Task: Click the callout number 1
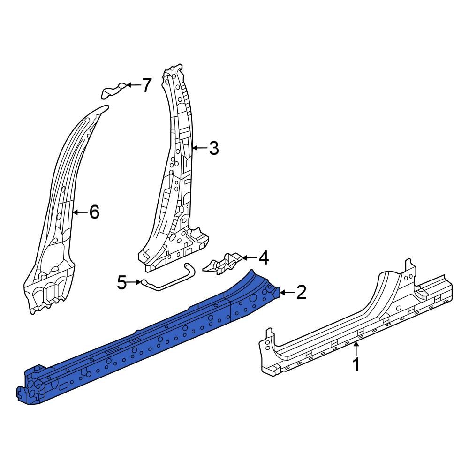coord(356,364)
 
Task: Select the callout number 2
coord(301,293)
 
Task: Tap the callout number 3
coord(214,148)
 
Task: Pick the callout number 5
coord(122,282)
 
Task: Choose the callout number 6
coord(94,212)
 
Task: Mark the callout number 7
coord(147,85)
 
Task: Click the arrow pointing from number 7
coord(133,85)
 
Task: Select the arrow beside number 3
coord(199,148)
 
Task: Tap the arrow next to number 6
coord(80,212)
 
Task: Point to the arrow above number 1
coord(356,349)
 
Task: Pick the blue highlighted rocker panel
coord(141,347)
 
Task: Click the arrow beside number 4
coord(249,257)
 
